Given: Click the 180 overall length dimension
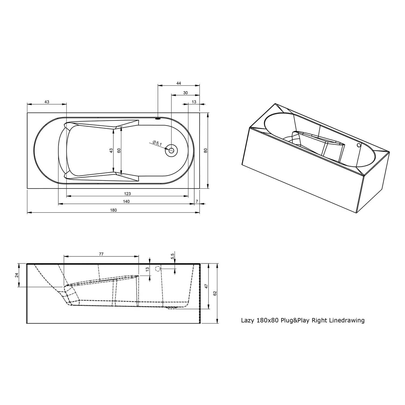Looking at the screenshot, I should click(x=113, y=210).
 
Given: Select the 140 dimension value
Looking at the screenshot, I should click(x=126, y=201).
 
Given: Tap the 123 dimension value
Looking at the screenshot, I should click(x=127, y=194).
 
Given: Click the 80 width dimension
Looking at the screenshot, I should click(x=205, y=151).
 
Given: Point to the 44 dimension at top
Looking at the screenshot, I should click(x=178, y=83).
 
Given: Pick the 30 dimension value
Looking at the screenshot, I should click(x=185, y=93).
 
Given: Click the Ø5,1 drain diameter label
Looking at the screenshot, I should click(x=157, y=143).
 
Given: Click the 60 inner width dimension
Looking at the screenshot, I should click(x=119, y=151).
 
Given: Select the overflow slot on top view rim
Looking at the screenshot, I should click(x=158, y=118).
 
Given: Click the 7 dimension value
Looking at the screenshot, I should click(x=197, y=201).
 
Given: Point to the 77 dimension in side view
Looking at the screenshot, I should click(x=101, y=254).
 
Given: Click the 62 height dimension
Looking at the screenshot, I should click(x=215, y=293).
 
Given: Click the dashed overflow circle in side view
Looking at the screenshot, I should click(x=158, y=268).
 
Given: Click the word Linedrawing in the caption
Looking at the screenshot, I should click(x=347, y=320).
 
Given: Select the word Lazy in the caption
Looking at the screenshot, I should click(x=247, y=321).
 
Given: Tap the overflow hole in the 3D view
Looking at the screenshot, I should click(x=359, y=145).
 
